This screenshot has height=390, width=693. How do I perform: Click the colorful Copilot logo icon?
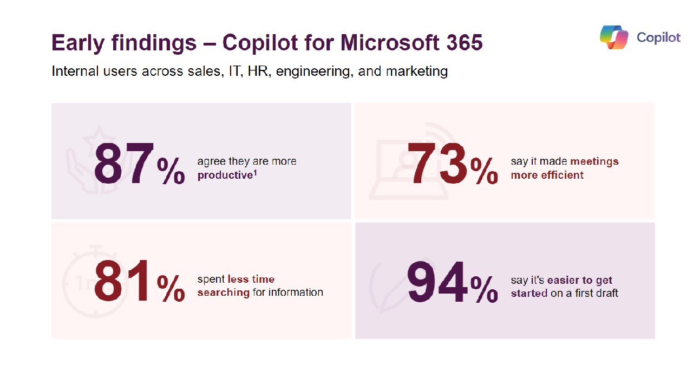[x=614, y=37]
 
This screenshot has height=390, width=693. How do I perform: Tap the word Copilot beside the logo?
[x=658, y=37]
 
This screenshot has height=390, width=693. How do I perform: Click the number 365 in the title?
[x=465, y=43]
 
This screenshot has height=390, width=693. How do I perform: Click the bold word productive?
[x=225, y=175]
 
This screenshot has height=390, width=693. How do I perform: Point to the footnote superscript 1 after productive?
[x=255, y=173]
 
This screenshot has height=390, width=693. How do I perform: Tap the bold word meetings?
[x=594, y=161]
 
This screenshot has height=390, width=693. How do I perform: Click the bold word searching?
[x=224, y=292]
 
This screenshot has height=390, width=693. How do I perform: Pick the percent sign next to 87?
[x=171, y=171]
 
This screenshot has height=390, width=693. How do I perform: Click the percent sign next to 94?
[x=484, y=289]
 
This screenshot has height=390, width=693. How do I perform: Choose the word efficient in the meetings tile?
[x=563, y=175]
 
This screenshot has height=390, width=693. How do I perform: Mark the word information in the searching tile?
[x=297, y=292]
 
